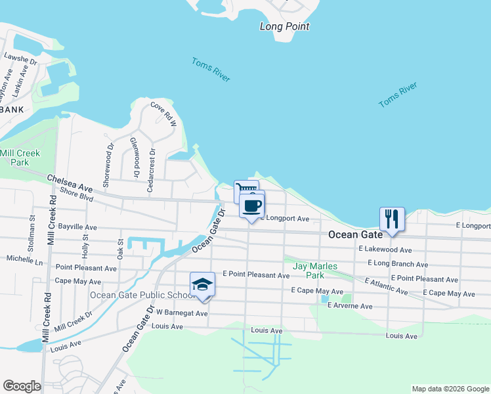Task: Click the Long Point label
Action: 284,27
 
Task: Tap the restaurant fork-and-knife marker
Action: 392,219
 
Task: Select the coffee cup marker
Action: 251,205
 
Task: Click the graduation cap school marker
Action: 203,284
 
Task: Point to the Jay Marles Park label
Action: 315,271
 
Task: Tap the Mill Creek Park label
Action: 20,157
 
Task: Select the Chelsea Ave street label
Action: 69,183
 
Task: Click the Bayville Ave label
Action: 77,227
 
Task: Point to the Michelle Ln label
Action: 24,261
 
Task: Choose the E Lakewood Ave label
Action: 385,250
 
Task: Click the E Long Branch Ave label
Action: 398,265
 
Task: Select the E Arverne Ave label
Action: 349,306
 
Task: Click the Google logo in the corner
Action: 22,386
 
